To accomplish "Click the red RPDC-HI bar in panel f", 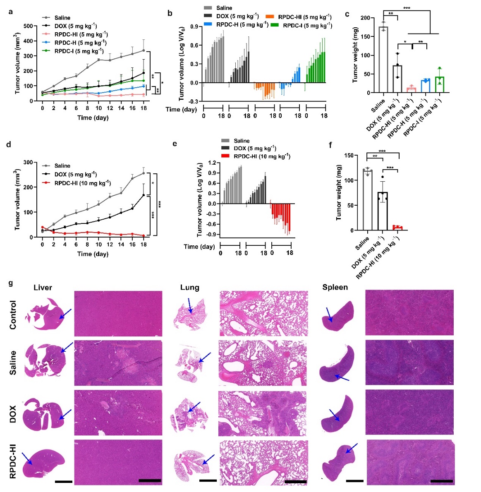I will click(397, 228).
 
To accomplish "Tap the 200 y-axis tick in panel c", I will click(364, 18).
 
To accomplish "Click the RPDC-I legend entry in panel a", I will click(79, 51).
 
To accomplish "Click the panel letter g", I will click(11, 283).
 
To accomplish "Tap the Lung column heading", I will click(189, 288).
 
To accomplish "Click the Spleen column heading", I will click(335, 287).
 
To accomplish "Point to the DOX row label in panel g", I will click(13, 413).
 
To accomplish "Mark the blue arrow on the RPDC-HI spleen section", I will click(351, 448).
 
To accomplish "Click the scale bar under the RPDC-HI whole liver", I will click(63, 482).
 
